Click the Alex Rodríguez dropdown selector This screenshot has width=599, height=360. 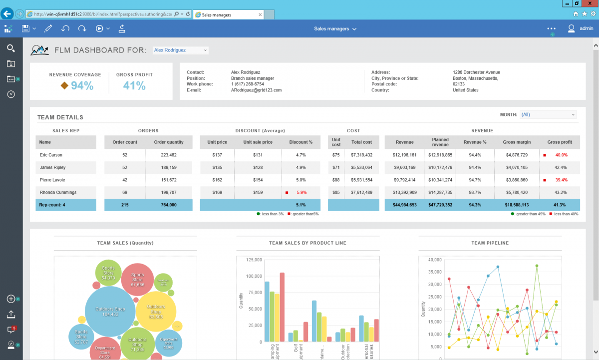coord(180,50)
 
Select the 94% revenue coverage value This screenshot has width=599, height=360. coord(82,86)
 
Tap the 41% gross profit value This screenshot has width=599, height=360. coord(134,86)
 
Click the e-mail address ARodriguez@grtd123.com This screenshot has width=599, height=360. coord(256,90)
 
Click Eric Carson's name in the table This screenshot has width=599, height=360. coord(51,155)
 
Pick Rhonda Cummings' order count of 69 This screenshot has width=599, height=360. coord(125,192)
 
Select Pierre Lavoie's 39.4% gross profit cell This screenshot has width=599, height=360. coord(561,180)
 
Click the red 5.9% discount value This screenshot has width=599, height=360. coord(301,192)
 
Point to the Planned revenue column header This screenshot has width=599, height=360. coord(440,142)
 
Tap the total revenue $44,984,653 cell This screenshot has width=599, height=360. coord(404,205)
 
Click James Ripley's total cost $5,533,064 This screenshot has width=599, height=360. coord(361,168)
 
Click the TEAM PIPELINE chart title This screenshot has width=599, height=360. coord(490,243)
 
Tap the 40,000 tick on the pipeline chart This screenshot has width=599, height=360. coord(435,260)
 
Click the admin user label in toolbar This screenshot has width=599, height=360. coord(586,29)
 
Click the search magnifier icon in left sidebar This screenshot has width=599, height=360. coord(11,48)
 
